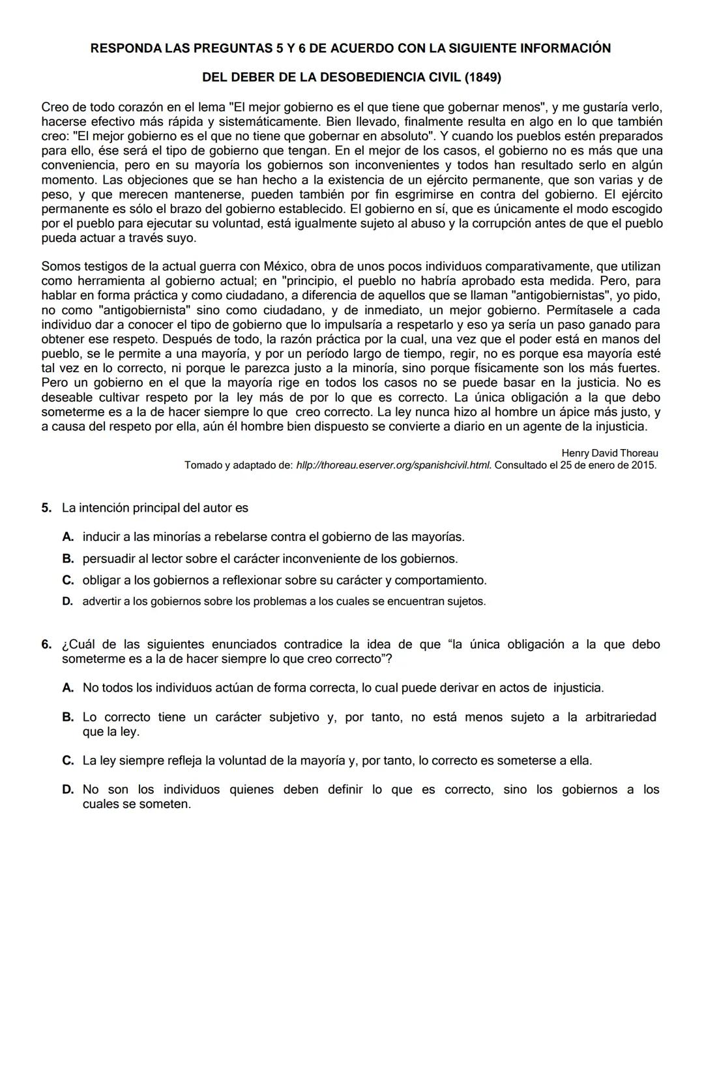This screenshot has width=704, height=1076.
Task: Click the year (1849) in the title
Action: point(483,78)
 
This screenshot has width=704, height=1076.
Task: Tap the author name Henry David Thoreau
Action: point(609,453)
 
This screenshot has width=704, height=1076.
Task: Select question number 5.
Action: point(46,508)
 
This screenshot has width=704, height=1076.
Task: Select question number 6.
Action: point(46,645)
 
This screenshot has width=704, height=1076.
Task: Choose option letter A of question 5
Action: point(67,537)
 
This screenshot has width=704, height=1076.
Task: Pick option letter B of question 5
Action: point(67,559)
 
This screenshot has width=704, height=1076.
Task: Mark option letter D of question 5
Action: point(67,602)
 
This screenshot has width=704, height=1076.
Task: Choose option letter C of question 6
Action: point(67,761)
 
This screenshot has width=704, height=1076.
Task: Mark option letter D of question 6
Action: point(67,790)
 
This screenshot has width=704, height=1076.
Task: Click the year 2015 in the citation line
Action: point(643,465)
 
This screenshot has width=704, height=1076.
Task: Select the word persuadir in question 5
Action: point(106,559)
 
